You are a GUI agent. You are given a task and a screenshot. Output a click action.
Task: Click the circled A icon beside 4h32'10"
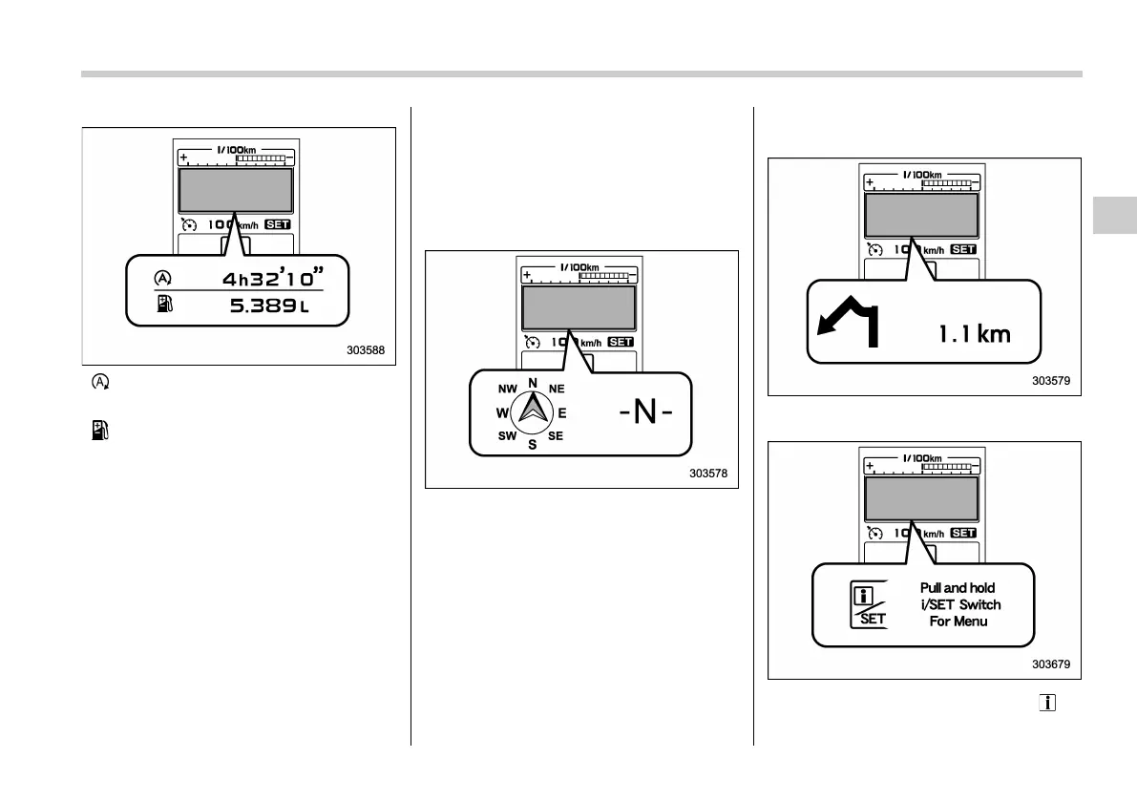tap(162, 279)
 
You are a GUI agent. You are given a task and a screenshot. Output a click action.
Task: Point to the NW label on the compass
tap(506, 390)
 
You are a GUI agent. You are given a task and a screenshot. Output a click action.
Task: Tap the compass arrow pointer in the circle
tap(533, 411)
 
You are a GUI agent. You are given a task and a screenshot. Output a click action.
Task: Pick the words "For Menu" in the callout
tap(959, 622)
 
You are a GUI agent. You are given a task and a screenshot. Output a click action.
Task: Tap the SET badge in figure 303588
tap(278, 224)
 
